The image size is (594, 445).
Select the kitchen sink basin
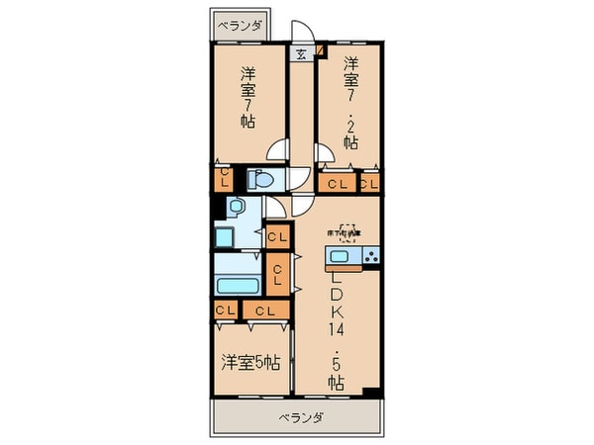coord(341,258)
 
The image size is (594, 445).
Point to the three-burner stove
coord(370,258)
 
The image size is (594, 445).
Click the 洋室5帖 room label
coord(250,362)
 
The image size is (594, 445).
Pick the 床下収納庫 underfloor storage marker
coord(346,231)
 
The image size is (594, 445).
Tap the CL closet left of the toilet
coord(225,178)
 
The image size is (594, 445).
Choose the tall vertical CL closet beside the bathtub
coord(278,273)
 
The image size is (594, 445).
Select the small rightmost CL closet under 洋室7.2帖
coord(370,183)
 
